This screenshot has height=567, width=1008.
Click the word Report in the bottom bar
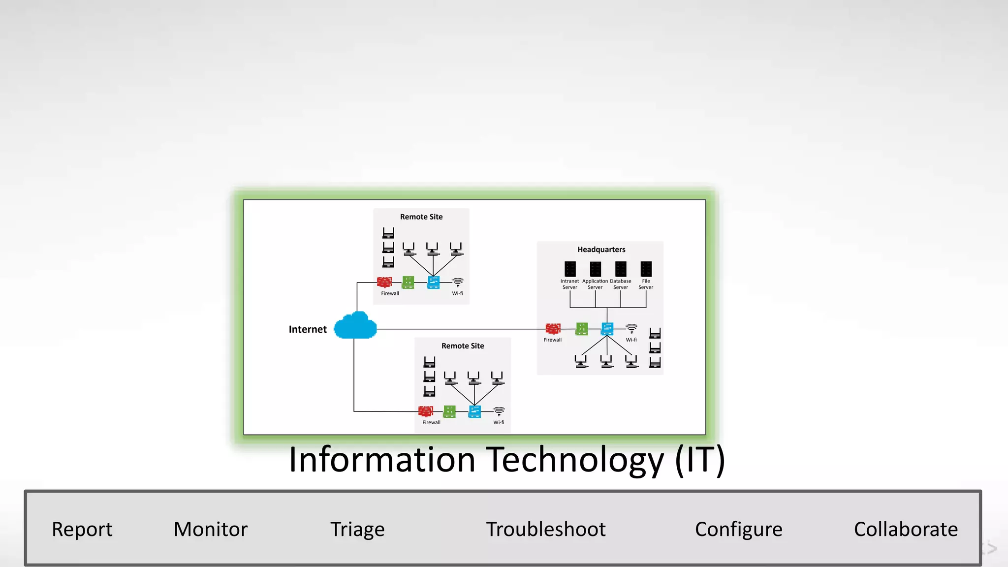[x=82, y=530]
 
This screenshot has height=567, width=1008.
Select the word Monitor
[x=211, y=530]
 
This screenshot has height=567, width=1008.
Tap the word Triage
[x=357, y=530]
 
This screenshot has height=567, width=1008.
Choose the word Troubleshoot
[x=546, y=530]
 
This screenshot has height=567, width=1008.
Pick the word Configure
[x=738, y=530]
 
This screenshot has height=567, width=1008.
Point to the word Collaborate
[x=906, y=530]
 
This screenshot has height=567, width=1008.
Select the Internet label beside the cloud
[x=308, y=329]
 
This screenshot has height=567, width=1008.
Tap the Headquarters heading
[x=601, y=250]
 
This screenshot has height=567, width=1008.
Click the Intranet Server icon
[x=570, y=269]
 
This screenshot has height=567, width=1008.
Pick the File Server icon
[x=646, y=269]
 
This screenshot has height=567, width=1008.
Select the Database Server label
[x=620, y=284]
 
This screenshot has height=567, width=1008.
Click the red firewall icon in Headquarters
[x=553, y=329]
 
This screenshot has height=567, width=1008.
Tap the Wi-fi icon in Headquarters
[x=631, y=328]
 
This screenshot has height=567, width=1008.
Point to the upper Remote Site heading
[x=421, y=217]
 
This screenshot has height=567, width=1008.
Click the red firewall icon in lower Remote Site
[x=426, y=411]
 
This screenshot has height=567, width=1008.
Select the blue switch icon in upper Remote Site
[x=433, y=282]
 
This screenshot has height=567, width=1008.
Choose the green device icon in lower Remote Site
[x=449, y=411]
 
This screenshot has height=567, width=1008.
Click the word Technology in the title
[x=575, y=459]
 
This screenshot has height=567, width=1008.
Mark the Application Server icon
[x=595, y=269]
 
